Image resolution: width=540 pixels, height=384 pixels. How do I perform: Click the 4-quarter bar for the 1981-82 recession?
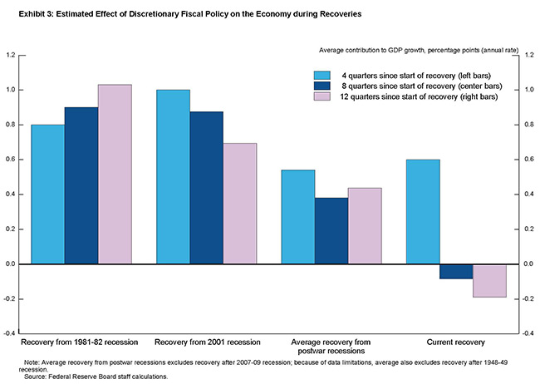48,194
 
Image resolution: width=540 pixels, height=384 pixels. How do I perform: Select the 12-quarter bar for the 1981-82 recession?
115,174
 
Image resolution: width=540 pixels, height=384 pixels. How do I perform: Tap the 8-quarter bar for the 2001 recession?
206,188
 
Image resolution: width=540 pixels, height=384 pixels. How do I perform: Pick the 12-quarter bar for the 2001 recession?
240,203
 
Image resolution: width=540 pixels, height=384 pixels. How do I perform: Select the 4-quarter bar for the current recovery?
423,211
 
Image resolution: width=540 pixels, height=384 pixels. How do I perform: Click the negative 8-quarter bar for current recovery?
456,272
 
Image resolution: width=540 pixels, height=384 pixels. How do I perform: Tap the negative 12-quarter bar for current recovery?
489,280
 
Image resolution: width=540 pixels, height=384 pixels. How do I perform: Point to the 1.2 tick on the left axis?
12,55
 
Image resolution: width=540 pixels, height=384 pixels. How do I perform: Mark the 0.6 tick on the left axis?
12,160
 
